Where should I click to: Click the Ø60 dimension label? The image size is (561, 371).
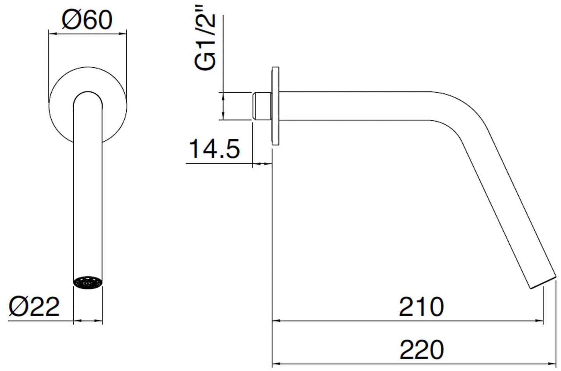(87, 20)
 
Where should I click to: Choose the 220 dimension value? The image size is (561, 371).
(422, 350)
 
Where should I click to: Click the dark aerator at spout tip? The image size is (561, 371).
(88, 283)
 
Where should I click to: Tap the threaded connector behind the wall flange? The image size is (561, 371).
(262, 106)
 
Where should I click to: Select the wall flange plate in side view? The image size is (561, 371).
(276, 106)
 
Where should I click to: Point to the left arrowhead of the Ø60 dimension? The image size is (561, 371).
(52, 33)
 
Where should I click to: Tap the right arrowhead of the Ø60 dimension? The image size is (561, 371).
(123, 33)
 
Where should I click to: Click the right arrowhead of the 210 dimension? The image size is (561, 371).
(539, 320)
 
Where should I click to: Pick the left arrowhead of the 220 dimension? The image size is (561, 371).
(276, 363)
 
